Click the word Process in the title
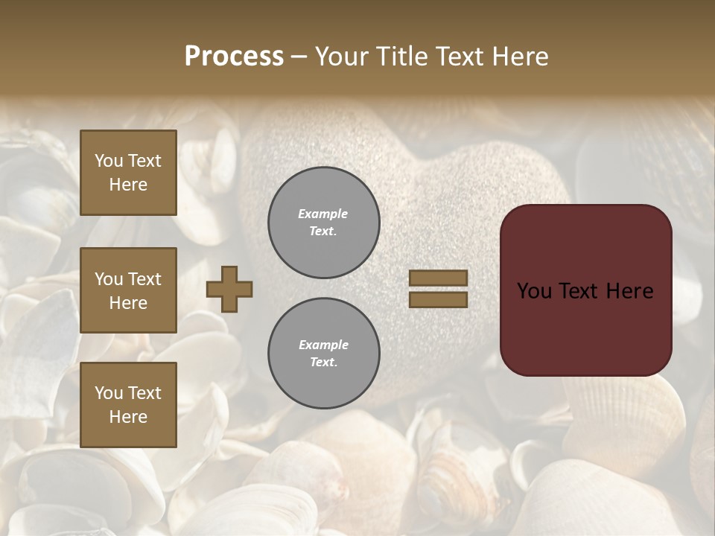click(x=234, y=57)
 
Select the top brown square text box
click(x=128, y=173)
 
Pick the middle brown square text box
click(x=128, y=290)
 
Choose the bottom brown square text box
click(x=128, y=404)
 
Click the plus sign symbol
click(x=229, y=289)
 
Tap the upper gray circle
click(x=323, y=223)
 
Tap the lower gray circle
click(x=323, y=354)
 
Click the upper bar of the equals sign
click(x=438, y=278)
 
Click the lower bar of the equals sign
click(x=438, y=299)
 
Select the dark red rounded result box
click(x=585, y=290)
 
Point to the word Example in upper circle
click(x=322, y=214)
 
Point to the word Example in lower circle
click(x=323, y=345)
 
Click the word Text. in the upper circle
click(x=322, y=231)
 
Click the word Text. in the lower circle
click(x=323, y=362)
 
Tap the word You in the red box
click(x=533, y=291)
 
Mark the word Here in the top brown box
click(x=128, y=185)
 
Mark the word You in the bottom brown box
click(x=109, y=393)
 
